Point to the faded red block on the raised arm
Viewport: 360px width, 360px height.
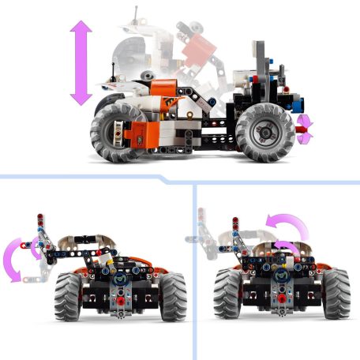click(198, 51)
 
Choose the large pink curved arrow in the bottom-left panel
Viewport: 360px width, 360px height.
click(14, 258)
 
